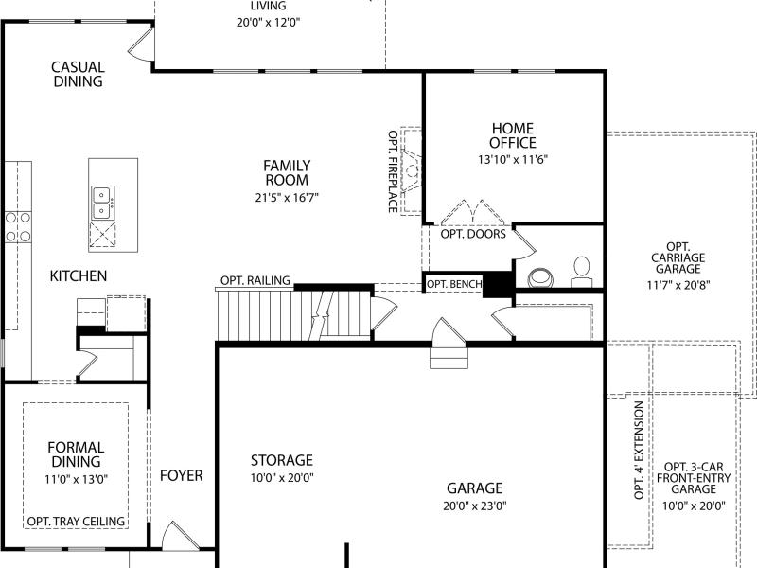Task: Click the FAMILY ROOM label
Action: tap(287, 173)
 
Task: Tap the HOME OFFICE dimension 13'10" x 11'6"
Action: tap(513, 159)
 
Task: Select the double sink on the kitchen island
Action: tap(103, 203)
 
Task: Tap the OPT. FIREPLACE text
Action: tap(393, 171)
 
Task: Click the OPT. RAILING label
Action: tap(255, 280)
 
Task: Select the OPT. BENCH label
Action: tap(454, 284)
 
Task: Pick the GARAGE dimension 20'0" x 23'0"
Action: tap(475, 506)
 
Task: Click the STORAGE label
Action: tap(282, 460)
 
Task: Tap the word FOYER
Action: tap(182, 476)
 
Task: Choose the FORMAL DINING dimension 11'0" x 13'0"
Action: tap(77, 480)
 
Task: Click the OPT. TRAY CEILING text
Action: tap(76, 522)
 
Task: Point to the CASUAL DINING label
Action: tap(78, 74)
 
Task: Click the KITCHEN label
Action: tap(79, 275)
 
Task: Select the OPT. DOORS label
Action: tap(473, 234)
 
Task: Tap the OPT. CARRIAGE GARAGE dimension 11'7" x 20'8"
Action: tap(678, 285)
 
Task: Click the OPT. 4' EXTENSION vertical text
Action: tap(640, 451)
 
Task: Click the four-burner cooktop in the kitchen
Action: tap(18, 227)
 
